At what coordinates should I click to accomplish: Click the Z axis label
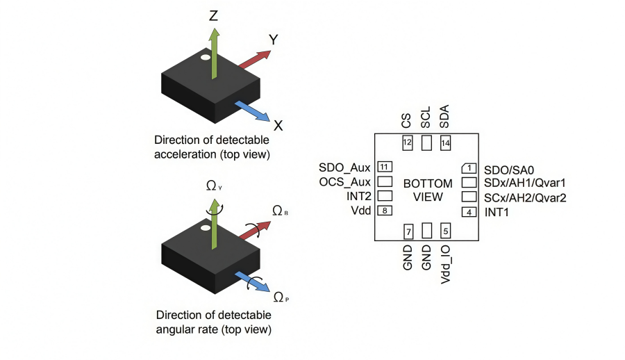point(214,15)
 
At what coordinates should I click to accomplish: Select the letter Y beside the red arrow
point(274,40)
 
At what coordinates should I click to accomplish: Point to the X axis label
point(278,126)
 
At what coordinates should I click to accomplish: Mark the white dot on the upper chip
point(206,58)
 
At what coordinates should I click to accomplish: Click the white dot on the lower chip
point(206,227)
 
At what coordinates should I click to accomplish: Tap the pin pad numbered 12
point(408,142)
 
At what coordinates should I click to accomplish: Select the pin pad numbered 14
point(446,142)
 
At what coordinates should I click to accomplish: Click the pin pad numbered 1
point(469,167)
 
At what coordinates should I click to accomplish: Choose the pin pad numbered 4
point(469,212)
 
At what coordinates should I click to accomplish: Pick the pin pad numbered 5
point(446,231)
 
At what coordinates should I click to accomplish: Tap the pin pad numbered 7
point(408,231)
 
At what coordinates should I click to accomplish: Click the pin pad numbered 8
point(384,211)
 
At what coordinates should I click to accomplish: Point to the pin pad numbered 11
point(384,167)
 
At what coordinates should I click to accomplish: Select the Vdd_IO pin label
point(446,264)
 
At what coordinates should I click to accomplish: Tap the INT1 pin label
point(497,212)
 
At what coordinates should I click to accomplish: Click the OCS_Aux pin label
point(344,182)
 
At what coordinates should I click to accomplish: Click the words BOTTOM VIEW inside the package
point(428,190)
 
